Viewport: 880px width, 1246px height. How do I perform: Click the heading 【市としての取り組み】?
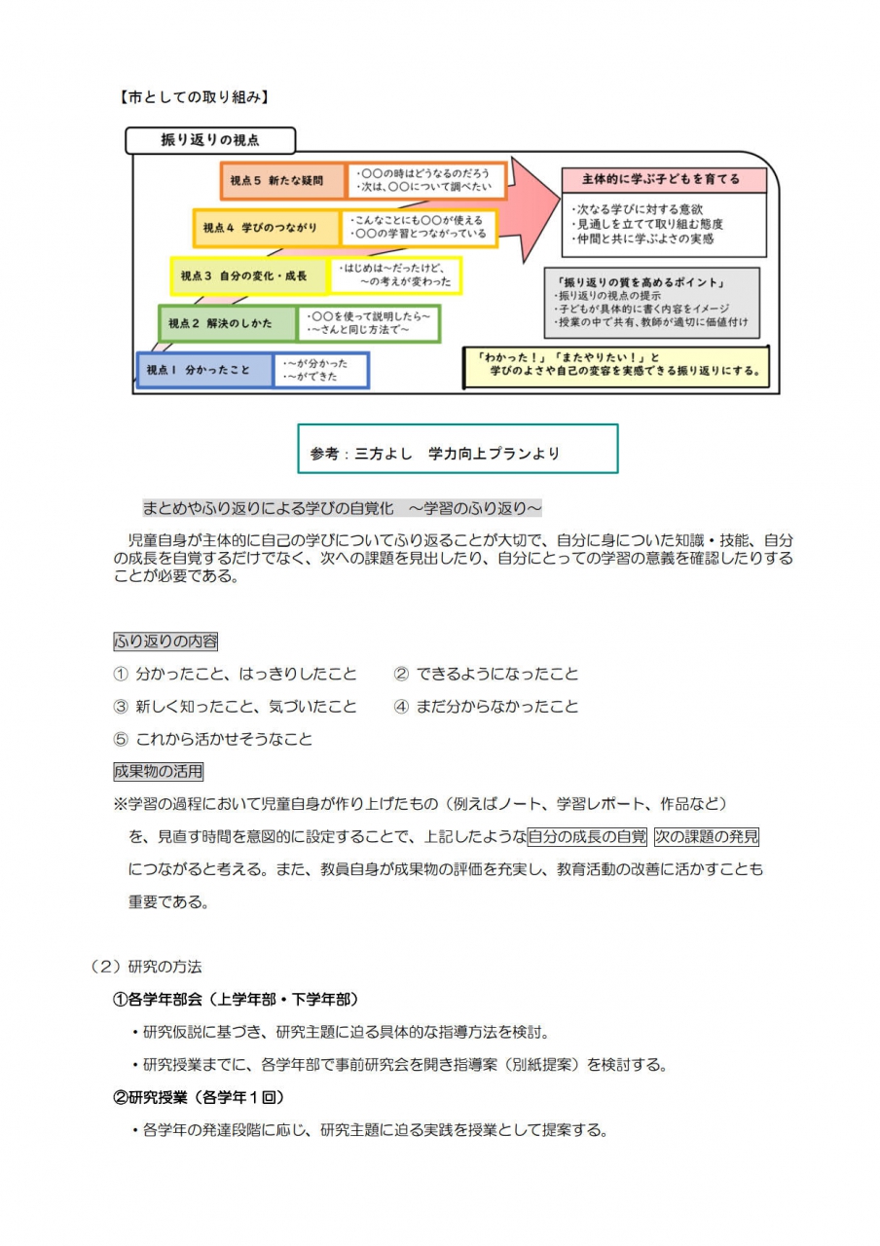coord(193,97)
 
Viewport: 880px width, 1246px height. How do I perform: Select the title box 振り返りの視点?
coord(209,140)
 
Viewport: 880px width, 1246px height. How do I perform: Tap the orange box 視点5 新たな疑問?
coord(282,181)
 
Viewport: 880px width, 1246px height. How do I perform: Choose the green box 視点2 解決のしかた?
coord(229,323)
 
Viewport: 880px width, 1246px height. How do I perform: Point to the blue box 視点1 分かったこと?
coord(204,370)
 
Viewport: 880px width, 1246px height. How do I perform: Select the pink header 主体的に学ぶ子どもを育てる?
coord(662,180)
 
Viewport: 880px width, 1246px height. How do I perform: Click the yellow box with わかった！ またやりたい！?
coord(613,364)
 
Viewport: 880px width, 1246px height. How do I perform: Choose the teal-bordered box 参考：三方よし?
coord(458,449)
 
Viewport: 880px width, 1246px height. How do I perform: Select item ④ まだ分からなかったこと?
coord(486,707)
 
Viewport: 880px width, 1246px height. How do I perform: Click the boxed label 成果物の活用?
coord(158,772)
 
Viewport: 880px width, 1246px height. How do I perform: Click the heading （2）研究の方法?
coord(145,967)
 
